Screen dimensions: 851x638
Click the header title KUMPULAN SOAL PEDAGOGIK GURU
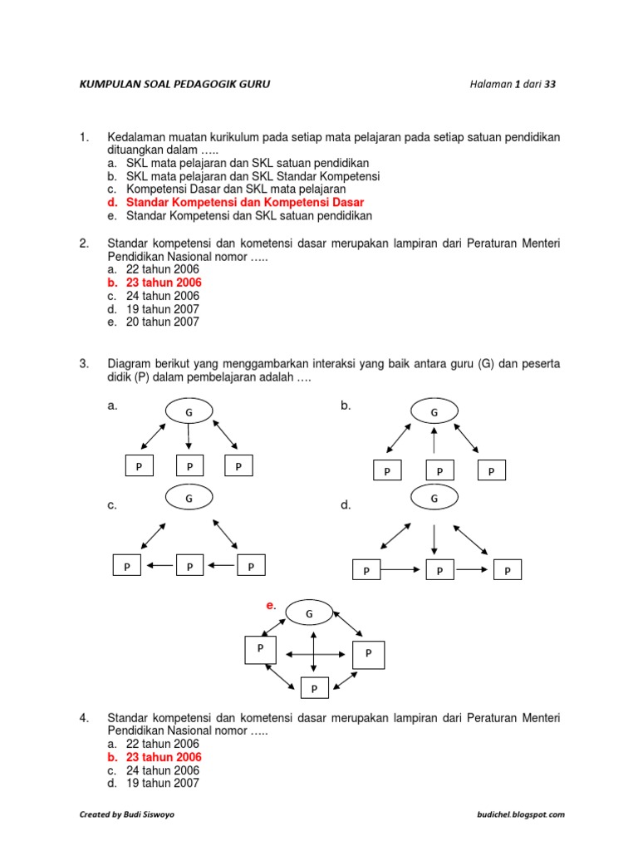click(x=174, y=84)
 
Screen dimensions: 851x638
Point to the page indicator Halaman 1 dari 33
click(x=512, y=84)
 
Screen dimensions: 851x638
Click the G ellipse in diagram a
click(x=189, y=411)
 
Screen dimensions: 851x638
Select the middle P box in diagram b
click(x=439, y=471)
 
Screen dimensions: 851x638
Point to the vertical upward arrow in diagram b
click(x=433, y=441)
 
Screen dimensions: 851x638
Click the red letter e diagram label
click(x=270, y=606)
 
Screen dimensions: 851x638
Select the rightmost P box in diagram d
click(x=508, y=570)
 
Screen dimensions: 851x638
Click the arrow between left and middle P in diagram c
click(x=161, y=566)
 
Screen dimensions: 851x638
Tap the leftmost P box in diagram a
click(x=139, y=467)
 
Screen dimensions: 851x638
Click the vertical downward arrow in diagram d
click(x=434, y=539)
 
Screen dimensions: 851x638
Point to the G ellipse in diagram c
click(x=189, y=499)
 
